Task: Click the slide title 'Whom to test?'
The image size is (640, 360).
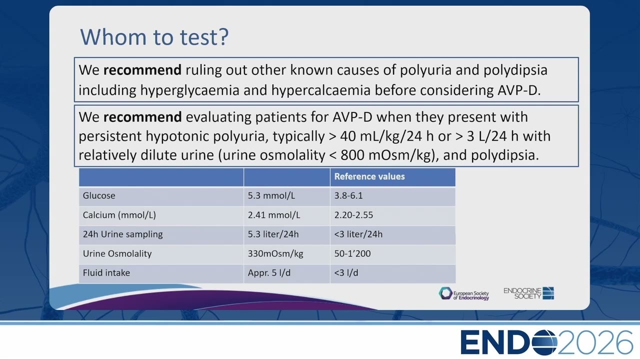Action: (154, 37)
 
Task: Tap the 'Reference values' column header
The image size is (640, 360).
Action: (369, 176)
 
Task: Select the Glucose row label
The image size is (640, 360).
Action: (99, 195)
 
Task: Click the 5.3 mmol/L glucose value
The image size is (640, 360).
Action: (271, 195)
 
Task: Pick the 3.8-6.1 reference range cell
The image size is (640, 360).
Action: (348, 195)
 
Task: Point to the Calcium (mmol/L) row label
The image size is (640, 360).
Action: (119, 215)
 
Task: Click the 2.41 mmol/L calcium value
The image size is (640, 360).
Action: (273, 215)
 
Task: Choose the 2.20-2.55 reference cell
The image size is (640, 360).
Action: (353, 215)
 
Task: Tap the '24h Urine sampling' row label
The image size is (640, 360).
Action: (122, 234)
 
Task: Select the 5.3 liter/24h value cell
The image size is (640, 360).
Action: (273, 234)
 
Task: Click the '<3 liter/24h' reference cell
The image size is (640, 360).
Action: (358, 234)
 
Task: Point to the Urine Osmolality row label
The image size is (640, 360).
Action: (117, 253)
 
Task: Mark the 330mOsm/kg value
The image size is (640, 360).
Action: (275, 253)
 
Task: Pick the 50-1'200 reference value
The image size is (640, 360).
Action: (352, 253)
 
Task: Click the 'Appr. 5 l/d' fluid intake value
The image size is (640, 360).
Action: (269, 273)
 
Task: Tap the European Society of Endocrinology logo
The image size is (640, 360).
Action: (463, 293)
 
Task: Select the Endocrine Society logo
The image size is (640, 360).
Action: (528, 293)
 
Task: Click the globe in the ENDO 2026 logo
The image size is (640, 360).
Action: (544, 342)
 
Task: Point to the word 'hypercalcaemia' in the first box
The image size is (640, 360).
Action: (321, 90)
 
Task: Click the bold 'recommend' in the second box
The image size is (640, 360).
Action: (142, 117)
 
